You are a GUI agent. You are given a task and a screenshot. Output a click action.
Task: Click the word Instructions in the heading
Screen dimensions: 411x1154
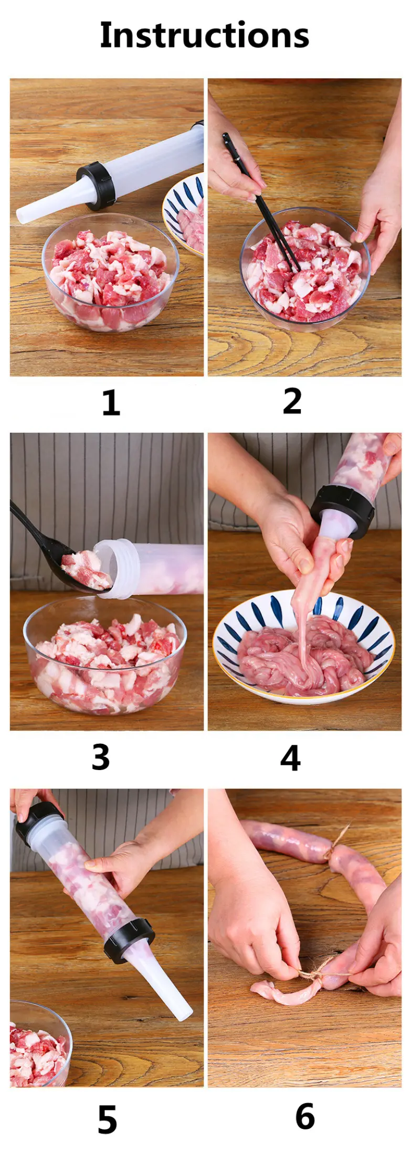[x=205, y=35]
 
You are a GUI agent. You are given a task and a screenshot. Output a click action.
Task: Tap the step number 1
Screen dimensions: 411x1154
[x=111, y=402]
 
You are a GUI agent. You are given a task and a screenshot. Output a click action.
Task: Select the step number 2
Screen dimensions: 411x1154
[x=292, y=401]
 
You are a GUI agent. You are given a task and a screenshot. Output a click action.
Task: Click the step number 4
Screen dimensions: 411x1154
[x=290, y=757]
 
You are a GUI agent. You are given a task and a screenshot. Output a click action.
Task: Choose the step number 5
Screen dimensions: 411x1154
[x=107, y=1120]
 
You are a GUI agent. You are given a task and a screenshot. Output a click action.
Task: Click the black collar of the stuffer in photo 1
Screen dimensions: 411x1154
[x=97, y=186]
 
